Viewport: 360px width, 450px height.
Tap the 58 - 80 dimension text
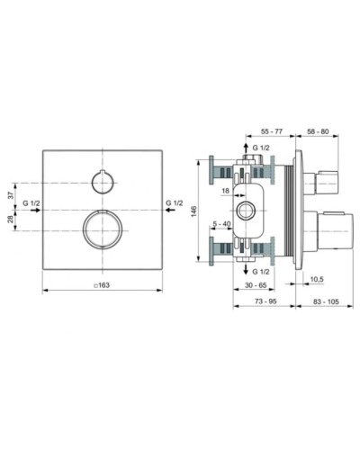[317, 130]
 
